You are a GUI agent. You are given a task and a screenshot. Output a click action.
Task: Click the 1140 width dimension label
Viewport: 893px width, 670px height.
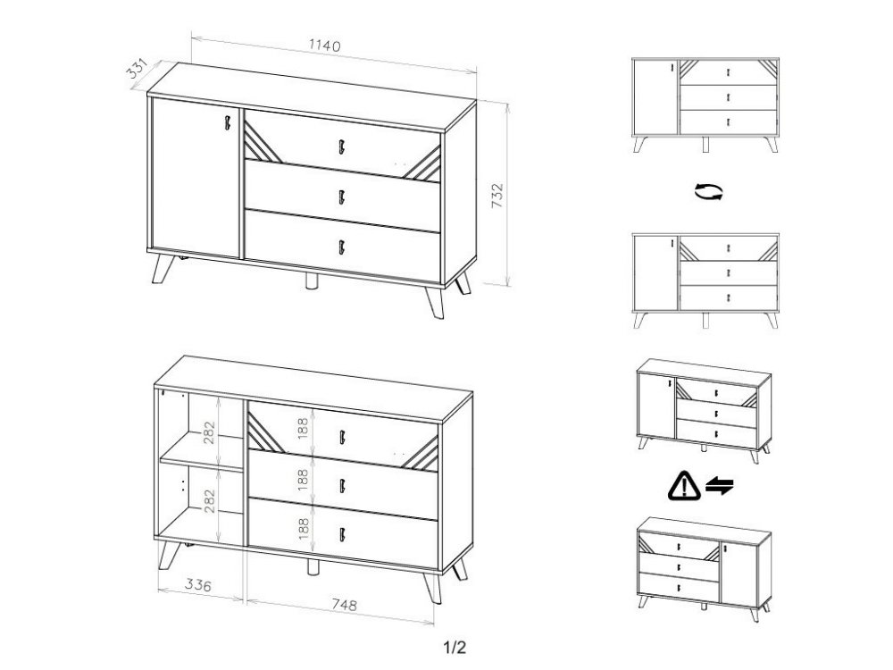coord(325,45)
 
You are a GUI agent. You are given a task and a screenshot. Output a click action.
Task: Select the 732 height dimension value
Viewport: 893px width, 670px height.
coord(497,196)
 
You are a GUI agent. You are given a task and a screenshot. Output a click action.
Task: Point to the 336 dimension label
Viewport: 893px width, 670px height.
coord(197,584)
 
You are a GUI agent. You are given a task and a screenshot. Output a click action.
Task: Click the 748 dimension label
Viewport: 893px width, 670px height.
coord(344,605)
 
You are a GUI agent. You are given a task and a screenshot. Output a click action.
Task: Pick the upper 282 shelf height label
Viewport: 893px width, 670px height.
coord(210,432)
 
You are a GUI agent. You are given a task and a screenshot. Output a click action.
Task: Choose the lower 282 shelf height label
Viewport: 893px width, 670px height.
coord(210,501)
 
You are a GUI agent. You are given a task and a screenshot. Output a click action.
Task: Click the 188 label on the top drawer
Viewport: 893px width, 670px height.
coord(303,428)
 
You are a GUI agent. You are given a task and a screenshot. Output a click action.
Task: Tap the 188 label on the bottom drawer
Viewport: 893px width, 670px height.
coord(303,528)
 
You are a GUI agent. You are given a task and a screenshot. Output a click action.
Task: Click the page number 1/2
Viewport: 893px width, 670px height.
coord(455,647)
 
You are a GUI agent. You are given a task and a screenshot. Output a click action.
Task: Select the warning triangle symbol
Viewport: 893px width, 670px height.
coord(684,486)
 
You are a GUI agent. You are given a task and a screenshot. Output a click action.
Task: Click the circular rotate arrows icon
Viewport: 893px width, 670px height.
coord(708,191)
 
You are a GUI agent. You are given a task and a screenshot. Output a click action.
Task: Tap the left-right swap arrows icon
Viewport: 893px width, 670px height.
coord(720,486)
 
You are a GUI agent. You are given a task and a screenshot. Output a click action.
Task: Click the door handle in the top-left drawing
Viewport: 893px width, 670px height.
coord(228,122)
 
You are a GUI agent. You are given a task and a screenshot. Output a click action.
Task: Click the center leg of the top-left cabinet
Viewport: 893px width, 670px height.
coord(312,281)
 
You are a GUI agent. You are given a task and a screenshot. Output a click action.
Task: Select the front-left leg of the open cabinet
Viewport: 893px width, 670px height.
coord(169,555)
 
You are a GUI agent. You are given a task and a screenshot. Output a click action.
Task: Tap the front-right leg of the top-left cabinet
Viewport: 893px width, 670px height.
coord(433,302)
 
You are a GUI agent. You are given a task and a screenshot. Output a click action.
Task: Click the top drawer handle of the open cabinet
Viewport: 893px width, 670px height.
coord(342,437)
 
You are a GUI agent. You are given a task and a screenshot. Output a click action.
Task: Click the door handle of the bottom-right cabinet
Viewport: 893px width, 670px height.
coord(726,549)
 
